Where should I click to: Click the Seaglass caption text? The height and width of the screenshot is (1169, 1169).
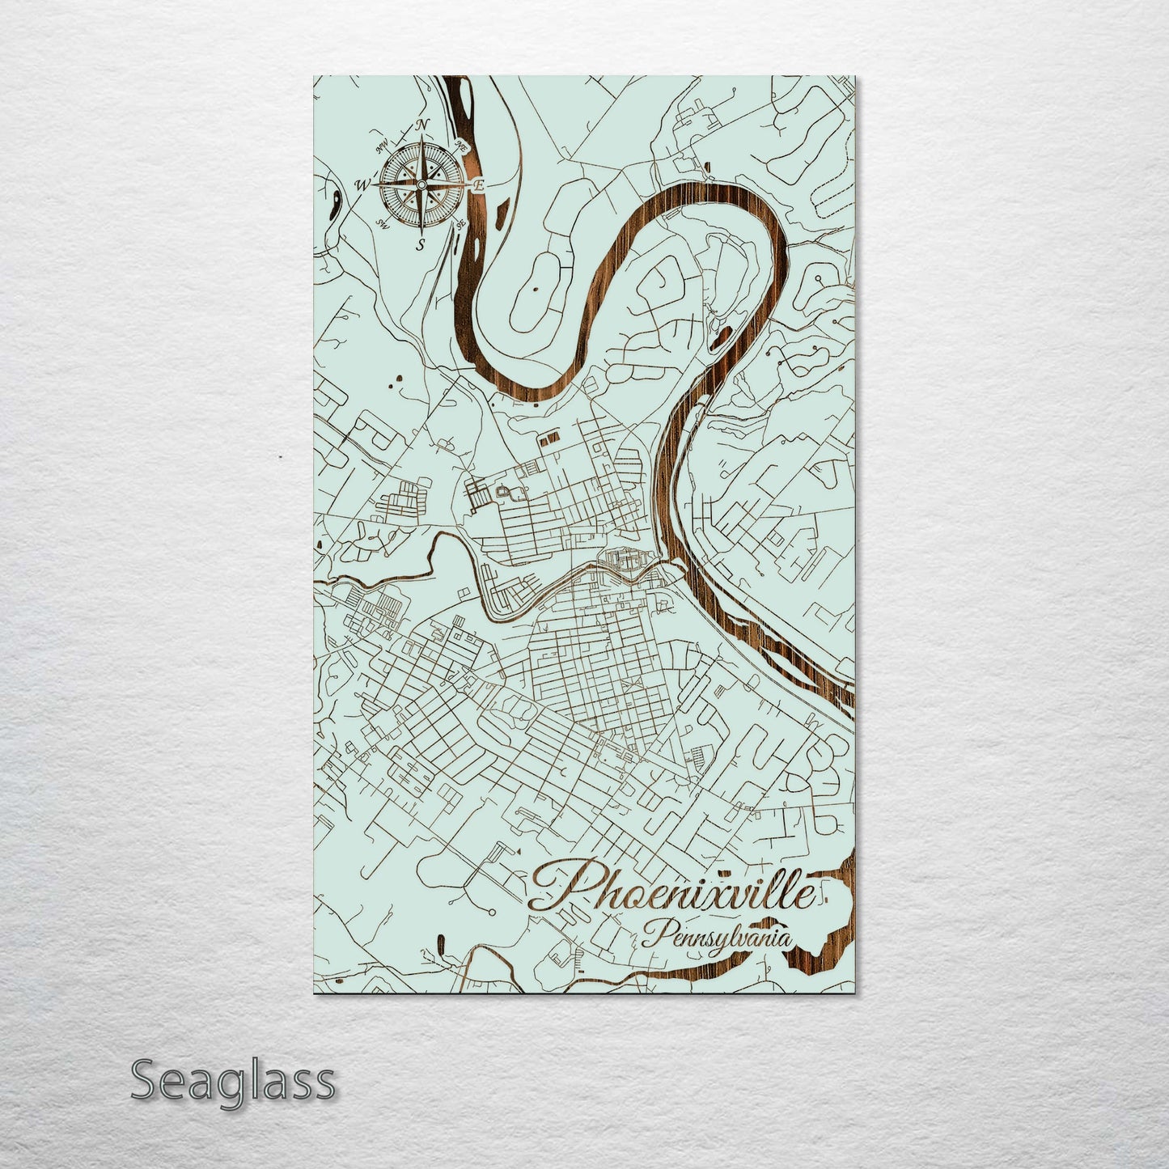tap(232, 1081)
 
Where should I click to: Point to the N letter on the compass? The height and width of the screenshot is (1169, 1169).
tap(422, 125)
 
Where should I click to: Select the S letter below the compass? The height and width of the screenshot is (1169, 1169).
tap(420, 245)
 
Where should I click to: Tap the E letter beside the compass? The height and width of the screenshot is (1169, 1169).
tap(478, 186)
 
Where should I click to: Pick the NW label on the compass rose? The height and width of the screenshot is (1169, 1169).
tap(382, 146)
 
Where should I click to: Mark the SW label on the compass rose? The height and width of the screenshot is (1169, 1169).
tap(383, 224)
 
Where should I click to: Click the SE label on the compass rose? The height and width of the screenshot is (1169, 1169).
tap(460, 224)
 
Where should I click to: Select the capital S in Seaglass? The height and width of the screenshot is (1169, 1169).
tap(143, 1081)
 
